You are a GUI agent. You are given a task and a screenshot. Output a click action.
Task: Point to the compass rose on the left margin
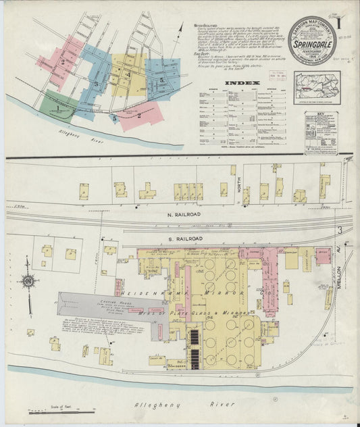tap(28, 280)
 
